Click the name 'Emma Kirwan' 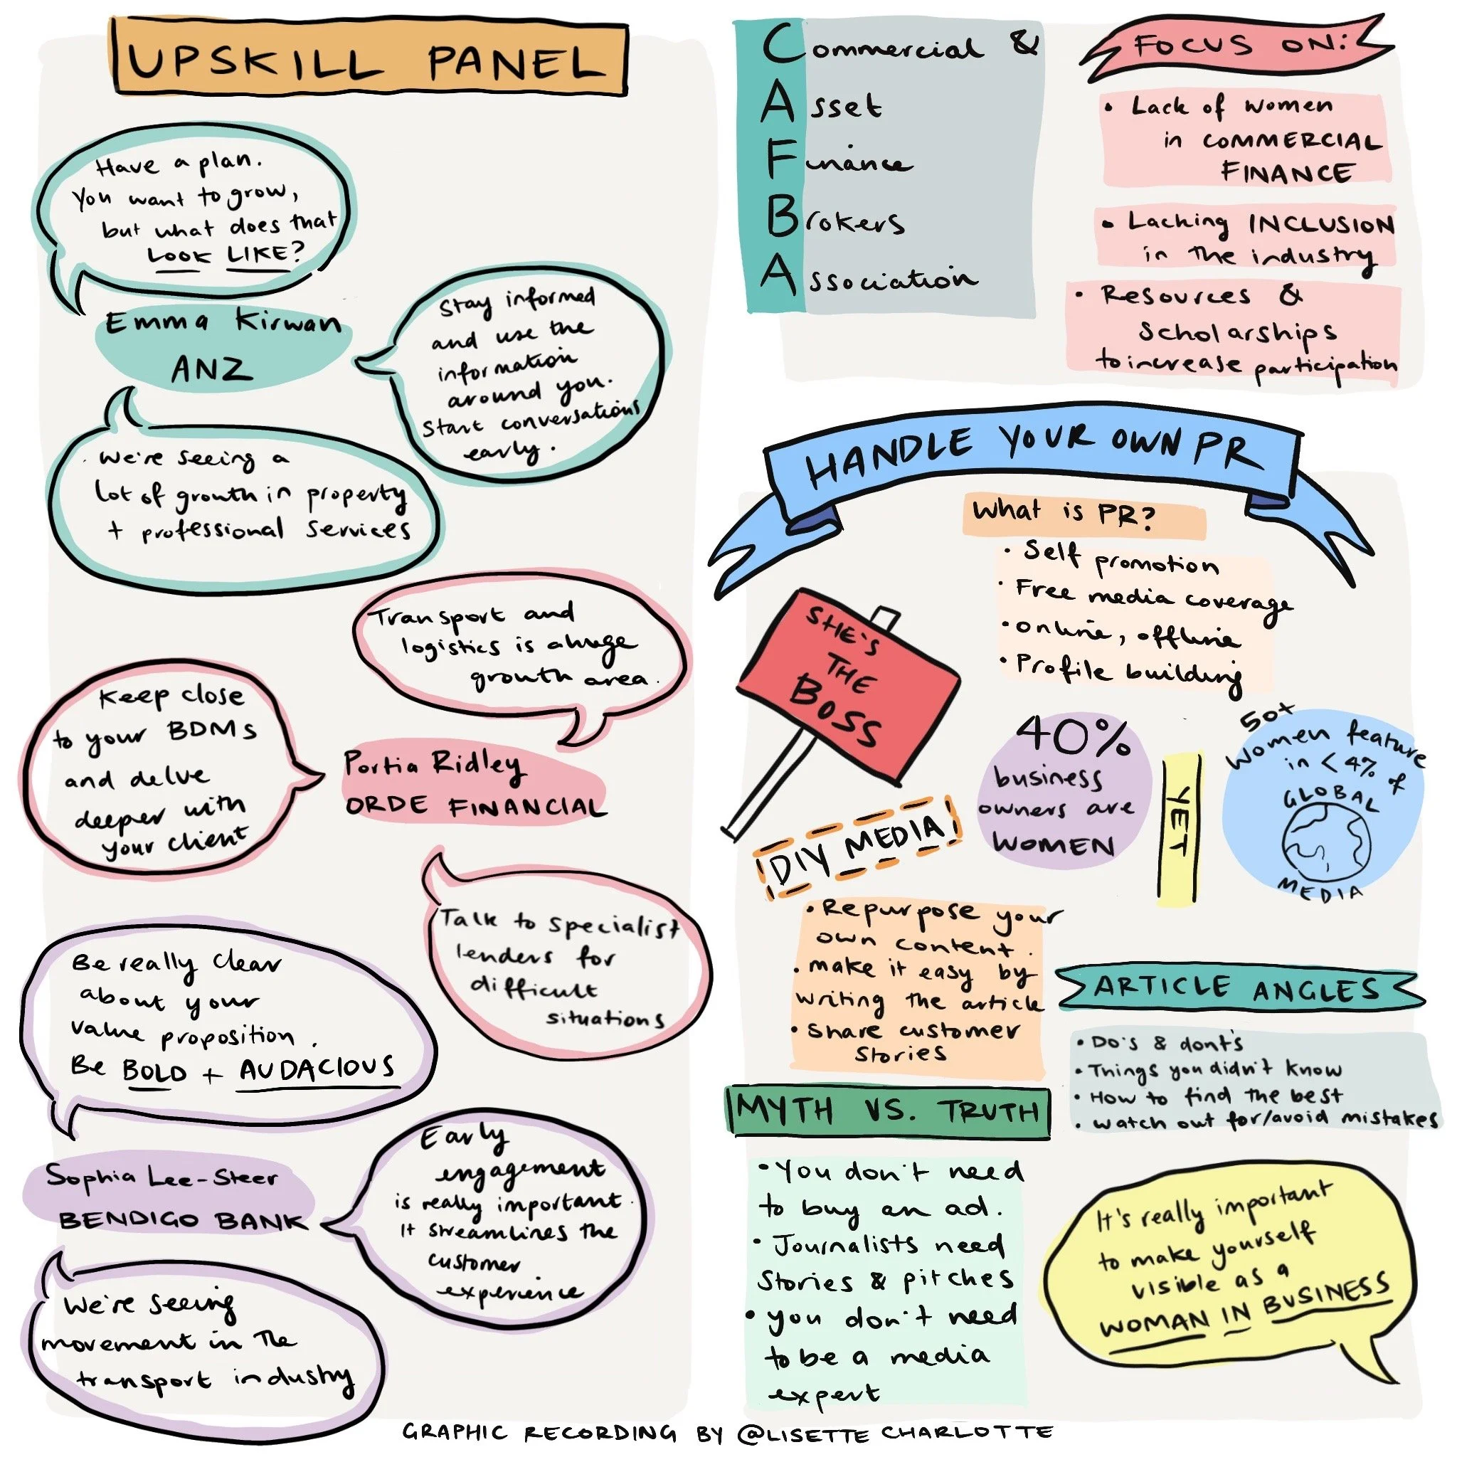223,324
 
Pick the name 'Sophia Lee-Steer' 161,1177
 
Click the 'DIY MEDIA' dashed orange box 857,846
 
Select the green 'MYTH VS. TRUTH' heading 887,1111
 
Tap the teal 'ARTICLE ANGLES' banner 1236,989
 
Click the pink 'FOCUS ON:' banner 1236,47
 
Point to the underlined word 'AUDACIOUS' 317,1069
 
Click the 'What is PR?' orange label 1064,512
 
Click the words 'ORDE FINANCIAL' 475,807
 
